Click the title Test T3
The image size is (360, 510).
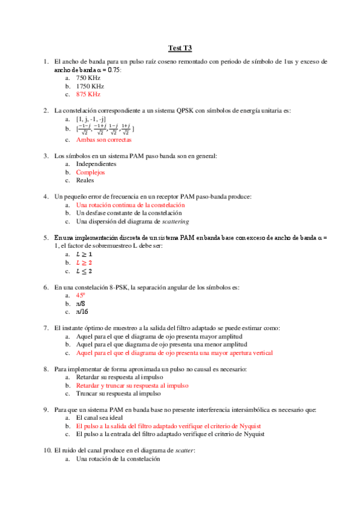pos(180,48)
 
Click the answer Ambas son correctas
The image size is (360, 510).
pos(103,140)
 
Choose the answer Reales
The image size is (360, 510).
pos(85,180)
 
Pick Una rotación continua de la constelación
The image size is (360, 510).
pos(130,204)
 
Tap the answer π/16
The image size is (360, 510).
pos(83,312)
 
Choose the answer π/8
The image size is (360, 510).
pos(81,304)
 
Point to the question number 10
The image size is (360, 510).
pos(47,450)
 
